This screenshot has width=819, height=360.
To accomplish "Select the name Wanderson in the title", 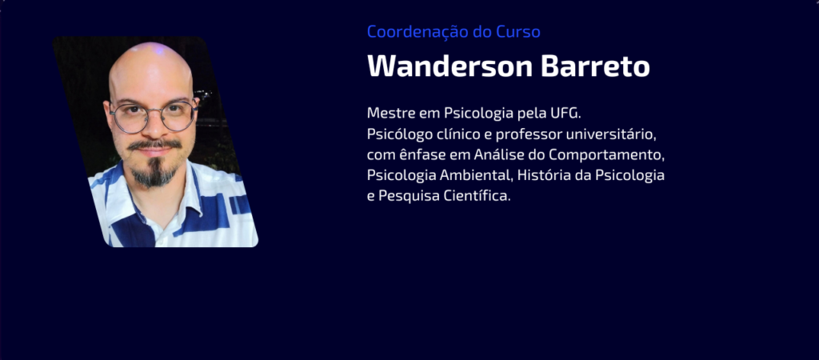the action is (449, 66).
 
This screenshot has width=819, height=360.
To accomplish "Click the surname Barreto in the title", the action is (595, 66).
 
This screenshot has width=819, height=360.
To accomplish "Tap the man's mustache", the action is (154, 144).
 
